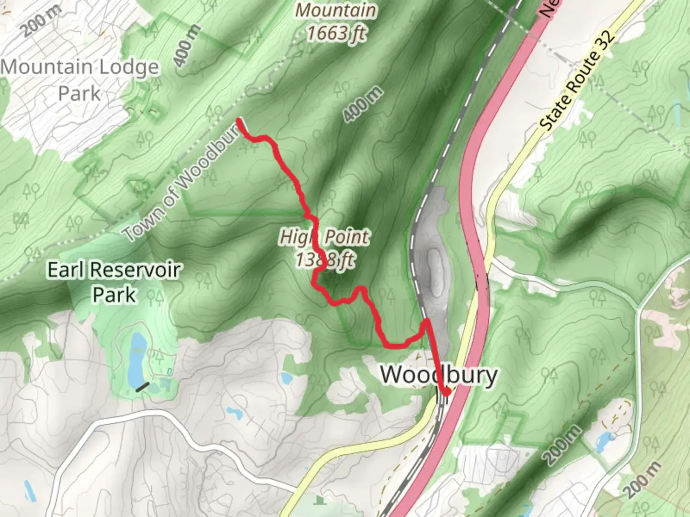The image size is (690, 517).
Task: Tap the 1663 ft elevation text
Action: click(x=336, y=34)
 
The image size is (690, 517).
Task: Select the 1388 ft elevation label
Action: click(x=325, y=260)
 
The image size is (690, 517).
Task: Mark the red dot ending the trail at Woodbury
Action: click(x=446, y=392)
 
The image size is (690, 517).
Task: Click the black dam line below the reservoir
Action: click(x=142, y=387)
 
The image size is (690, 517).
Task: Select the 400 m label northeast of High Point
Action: click(x=364, y=104)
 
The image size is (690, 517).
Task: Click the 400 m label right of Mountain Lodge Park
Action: click(x=186, y=45)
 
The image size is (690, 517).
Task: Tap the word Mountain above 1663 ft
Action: click(x=336, y=11)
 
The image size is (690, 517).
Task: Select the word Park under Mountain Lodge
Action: click(x=80, y=93)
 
